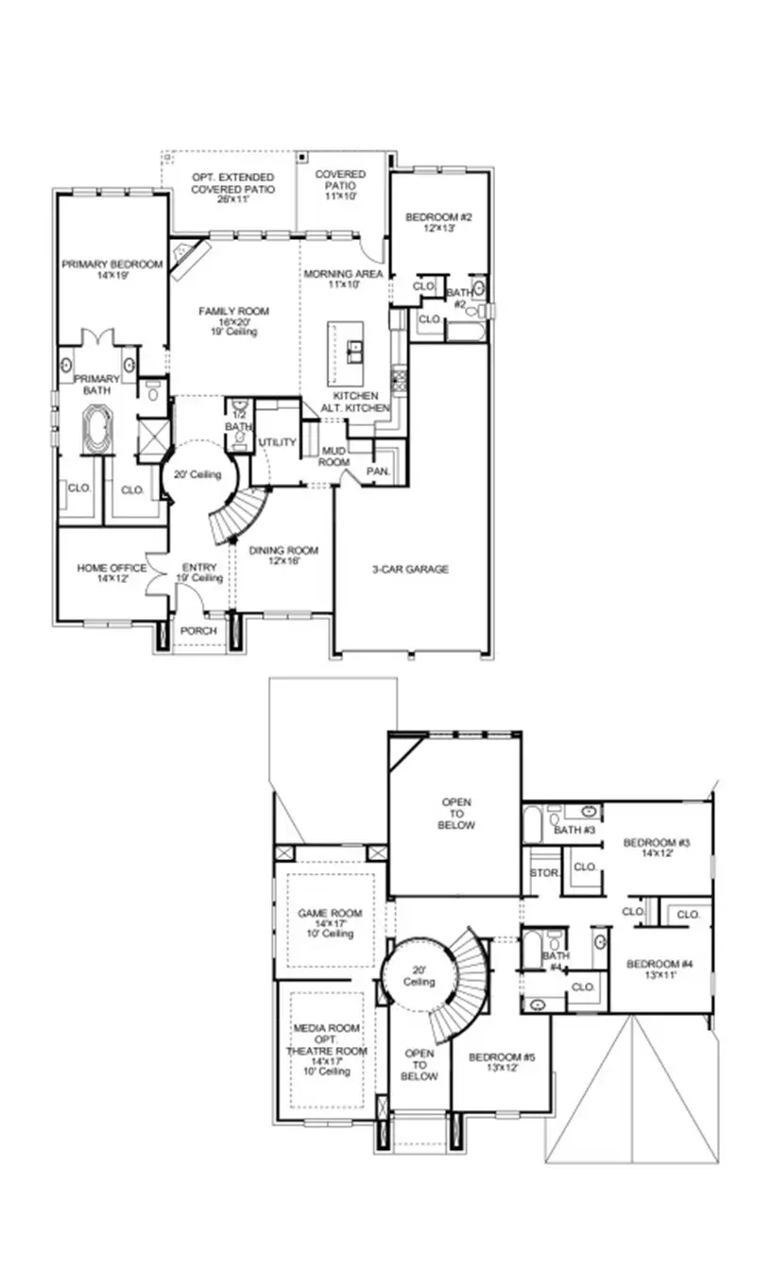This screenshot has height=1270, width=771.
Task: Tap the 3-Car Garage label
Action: pyautogui.click(x=409, y=569)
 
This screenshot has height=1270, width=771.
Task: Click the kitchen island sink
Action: pyautogui.click(x=355, y=353)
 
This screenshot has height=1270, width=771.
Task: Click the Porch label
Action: pyautogui.click(x=199, y=630)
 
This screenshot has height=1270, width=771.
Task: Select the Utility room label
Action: pyautogui.click(x=277, y=442)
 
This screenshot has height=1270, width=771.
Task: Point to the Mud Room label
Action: pyautogui.click(x=334, y=456)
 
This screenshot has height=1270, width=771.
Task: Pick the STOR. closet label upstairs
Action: pyautogui.click(x=543, y=871)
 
